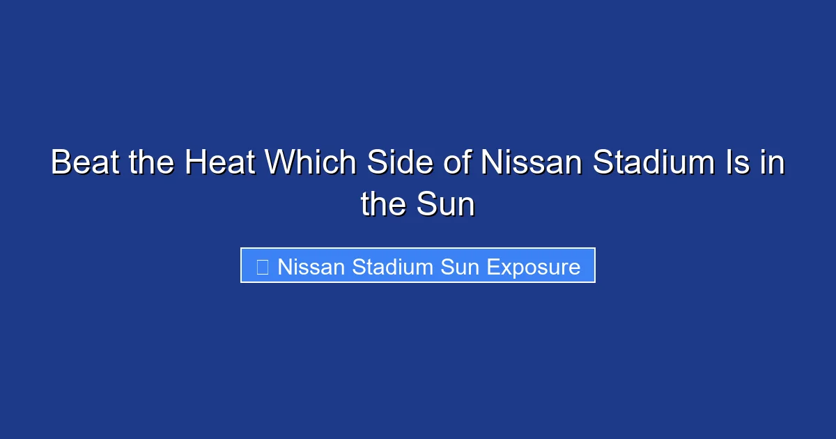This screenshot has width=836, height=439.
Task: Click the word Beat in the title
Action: [x=85, y=162]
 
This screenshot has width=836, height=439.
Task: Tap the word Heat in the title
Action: [x=220, y=162]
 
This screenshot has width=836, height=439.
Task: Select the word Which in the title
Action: [x=311, y=162]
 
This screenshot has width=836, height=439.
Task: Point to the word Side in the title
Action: [x=400, y=162]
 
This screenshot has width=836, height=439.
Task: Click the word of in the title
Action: [x=458, y=162]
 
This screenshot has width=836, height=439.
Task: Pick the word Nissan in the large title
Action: [x=532, y=162]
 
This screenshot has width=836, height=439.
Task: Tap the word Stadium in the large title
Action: [x=654, y=162]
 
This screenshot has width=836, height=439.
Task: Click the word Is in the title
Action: [x=738, y=162]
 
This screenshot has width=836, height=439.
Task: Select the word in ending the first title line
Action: [x=773, y=162]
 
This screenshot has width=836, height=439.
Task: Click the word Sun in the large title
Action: [x=446, y=204]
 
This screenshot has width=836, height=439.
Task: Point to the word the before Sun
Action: [x=383, y=204]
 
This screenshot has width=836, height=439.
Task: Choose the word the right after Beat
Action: [x=152, y=162]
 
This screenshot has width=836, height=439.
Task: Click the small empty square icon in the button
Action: [x=263, y=267]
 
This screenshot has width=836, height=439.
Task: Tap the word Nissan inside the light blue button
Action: [x=311, y=267]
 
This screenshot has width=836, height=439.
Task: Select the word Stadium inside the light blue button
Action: [x=392, y=267]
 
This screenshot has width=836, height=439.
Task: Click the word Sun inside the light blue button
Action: [x=460, y=267]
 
